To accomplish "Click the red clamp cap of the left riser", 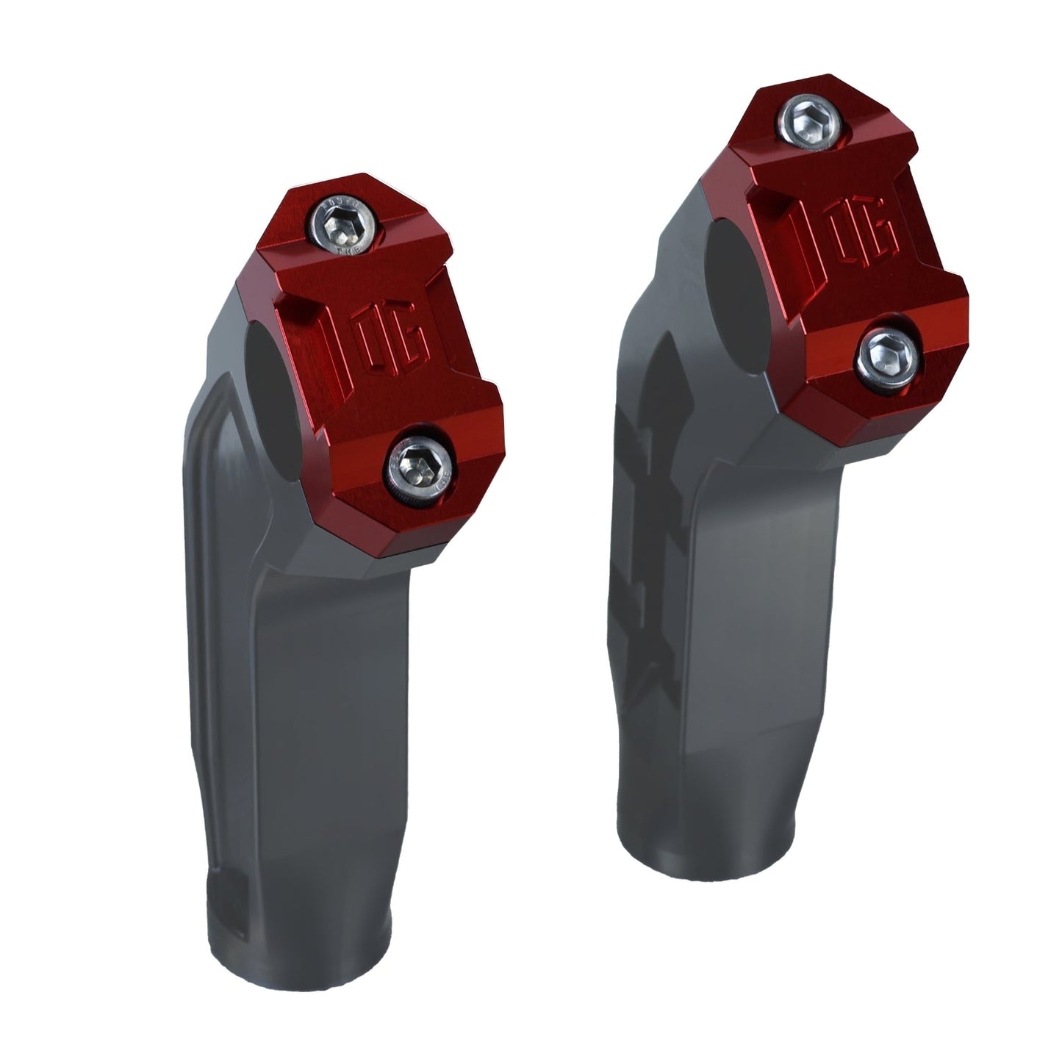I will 382,367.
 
